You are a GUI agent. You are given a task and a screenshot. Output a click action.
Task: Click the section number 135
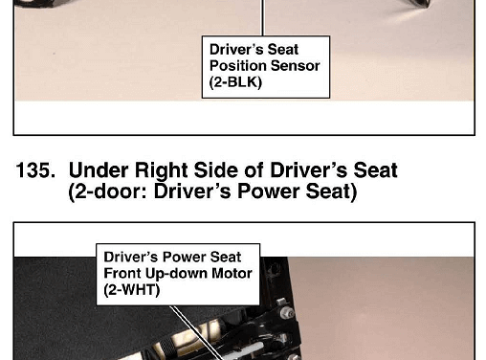pos(35,170)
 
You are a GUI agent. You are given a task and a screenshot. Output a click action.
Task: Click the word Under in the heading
pos(99,170)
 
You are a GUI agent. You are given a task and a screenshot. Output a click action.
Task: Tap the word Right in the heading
pos(162,171)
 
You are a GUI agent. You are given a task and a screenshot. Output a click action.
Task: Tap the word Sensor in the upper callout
pos(296,66)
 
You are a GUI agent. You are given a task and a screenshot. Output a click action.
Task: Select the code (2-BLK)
pos(235,82)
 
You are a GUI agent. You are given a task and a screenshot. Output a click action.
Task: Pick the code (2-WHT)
pos(132,290)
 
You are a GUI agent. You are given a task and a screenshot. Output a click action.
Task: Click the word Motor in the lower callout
pos(232,274)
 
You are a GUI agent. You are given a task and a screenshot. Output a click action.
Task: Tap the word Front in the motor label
pos(122,274)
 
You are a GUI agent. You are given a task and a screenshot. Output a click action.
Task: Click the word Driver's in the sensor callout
pos(236,50)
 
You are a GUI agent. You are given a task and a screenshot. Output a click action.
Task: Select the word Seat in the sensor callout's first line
pos(283,50)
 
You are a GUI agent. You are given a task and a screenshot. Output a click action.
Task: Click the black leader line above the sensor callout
pos(263,17)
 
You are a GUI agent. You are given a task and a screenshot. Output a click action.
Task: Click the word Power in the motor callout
pos(185,258)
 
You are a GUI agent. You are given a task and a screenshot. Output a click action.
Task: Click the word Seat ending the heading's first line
pos(376,170)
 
